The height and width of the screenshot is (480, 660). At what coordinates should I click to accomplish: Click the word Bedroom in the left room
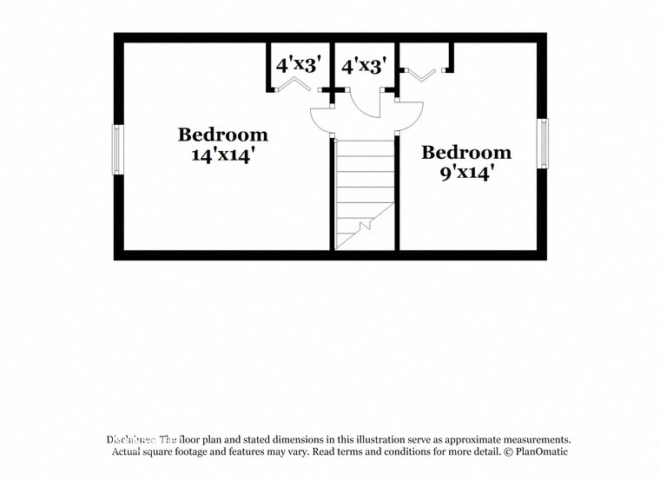click(222, 135)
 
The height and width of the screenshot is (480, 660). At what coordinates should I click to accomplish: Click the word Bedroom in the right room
click(466, 154)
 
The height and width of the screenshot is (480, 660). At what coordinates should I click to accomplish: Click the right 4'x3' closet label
click(362, 66)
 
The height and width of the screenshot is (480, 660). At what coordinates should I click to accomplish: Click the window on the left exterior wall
click(117, 149)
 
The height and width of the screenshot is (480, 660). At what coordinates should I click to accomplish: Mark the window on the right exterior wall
click(542, 144)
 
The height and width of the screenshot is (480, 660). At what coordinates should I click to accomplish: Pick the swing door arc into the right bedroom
click(410, 113)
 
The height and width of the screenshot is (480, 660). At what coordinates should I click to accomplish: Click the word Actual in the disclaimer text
click(128, 452)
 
